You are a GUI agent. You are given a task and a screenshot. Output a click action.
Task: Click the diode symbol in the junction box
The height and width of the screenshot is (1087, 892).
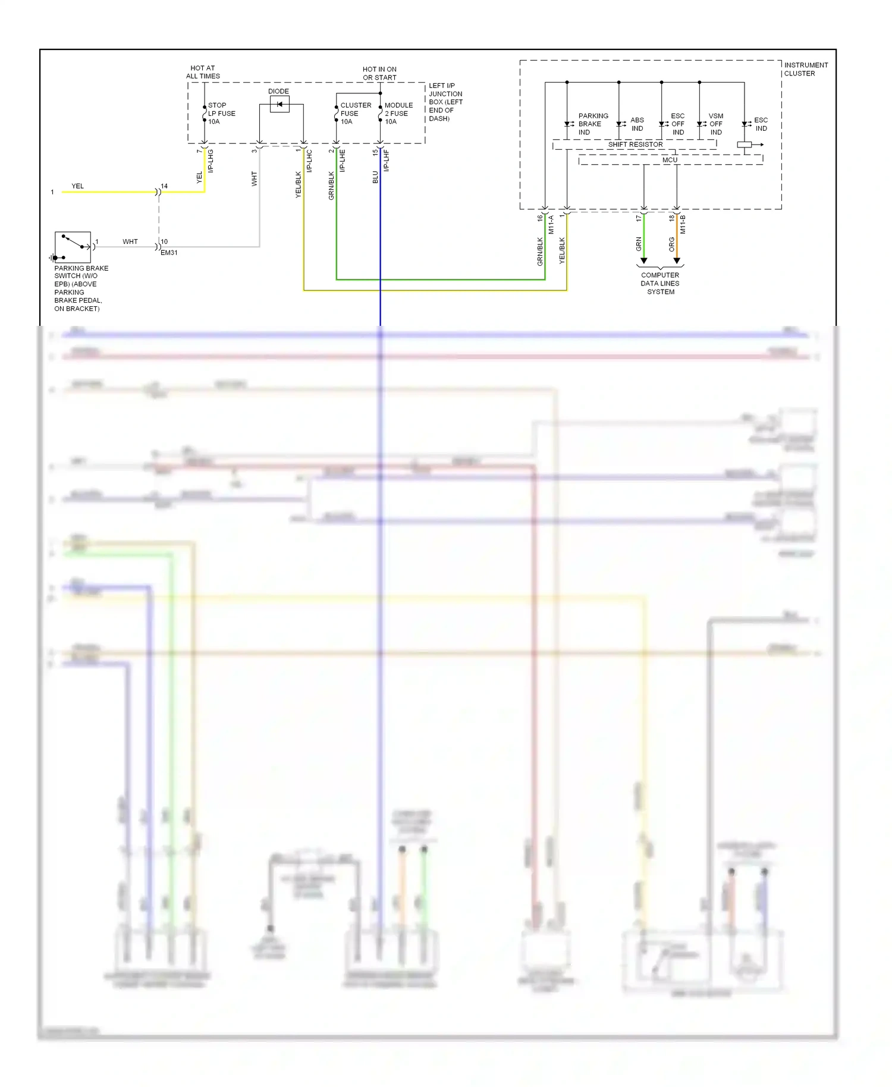click(279, 105)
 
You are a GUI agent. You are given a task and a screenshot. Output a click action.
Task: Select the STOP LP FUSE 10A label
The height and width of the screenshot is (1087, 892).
click(221, 113)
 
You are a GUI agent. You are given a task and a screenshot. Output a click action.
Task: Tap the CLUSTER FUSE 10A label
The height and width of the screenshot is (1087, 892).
click(355, 113)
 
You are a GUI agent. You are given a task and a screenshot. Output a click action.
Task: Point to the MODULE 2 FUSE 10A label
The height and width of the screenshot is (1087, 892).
click(398, 113)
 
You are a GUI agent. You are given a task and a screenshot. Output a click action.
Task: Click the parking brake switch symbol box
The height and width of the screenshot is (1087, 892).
click(73, 247)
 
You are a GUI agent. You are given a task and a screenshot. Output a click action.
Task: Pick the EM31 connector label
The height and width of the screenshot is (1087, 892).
click(169, 253)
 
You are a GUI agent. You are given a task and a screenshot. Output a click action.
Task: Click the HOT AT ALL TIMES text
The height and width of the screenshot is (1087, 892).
click(203, 72)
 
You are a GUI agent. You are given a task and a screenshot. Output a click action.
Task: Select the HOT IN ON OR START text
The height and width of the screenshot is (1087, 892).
click(379, 73)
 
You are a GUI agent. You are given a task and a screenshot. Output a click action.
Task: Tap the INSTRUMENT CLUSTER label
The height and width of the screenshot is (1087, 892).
click(805, 69)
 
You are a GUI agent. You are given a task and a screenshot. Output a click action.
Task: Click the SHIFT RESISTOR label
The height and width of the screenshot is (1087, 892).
click(635, 144)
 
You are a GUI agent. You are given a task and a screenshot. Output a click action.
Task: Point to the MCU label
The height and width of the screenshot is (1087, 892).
click(670, 160)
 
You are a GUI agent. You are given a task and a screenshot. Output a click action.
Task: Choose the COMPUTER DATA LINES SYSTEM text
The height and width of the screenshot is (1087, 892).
click(660, 283)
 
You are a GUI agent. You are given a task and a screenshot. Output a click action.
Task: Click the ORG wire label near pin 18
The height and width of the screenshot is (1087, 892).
click(671, 244)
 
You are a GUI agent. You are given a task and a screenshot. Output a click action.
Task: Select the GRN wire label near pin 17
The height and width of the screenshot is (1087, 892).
click(639, 244)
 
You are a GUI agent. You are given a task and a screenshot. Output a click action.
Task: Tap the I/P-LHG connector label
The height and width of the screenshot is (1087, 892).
click(211, 161)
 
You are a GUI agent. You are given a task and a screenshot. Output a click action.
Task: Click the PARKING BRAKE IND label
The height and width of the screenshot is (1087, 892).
click(592, 124)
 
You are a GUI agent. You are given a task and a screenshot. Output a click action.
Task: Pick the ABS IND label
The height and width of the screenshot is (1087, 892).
click(637, 124)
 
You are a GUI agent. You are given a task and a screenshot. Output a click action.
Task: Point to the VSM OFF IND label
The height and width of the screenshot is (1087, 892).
click(715, 124)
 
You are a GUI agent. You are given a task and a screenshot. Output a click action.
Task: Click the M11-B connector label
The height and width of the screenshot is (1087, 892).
click(683, 224)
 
